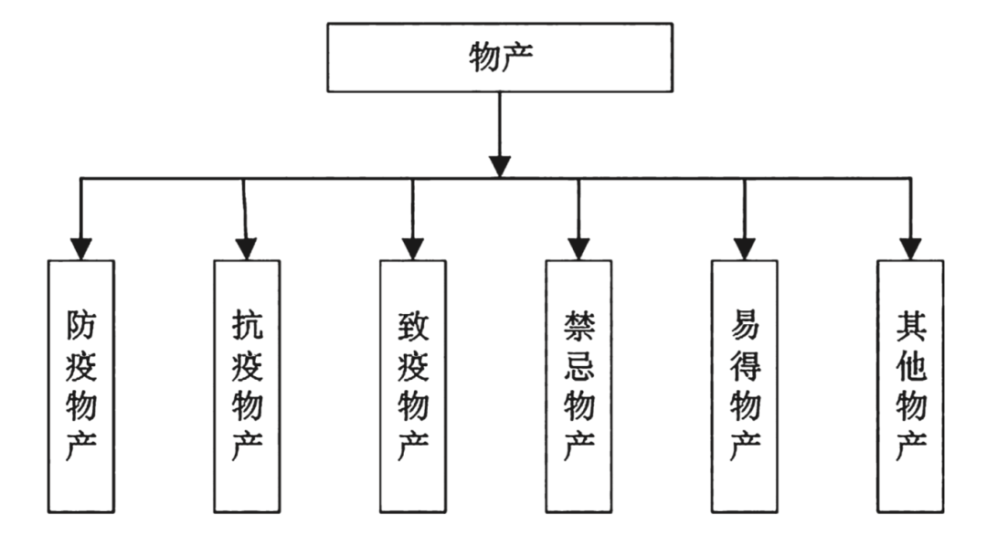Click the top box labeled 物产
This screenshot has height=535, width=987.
(500, 58)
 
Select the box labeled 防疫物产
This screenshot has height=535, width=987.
(81, 384)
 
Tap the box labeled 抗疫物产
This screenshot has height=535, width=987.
(247, 384)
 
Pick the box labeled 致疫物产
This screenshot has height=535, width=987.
(413, 384)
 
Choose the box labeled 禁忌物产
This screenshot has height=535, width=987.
(578, 384)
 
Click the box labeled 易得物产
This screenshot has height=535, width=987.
(745, 384)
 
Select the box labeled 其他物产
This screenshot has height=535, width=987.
(910, 384)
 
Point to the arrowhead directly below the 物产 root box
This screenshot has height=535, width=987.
(500, 165)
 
